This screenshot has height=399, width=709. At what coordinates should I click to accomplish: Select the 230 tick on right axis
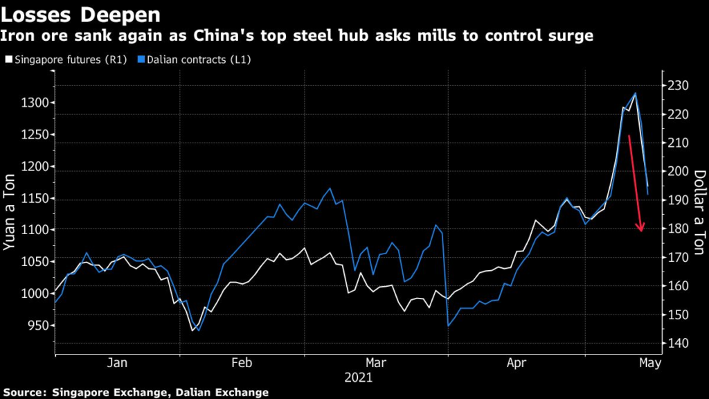(677, 86)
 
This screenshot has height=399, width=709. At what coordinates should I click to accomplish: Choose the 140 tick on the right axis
(677, 344)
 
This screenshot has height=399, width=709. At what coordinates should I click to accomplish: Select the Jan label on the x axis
(118, 363)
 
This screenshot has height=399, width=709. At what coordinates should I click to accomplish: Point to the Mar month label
(375, 363)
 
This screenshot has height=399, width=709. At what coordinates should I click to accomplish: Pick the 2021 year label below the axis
(359, 378)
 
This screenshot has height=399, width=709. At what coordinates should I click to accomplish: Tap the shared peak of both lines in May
(635, 93)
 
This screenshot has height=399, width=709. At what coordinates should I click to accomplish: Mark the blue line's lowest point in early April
(449, 326)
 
